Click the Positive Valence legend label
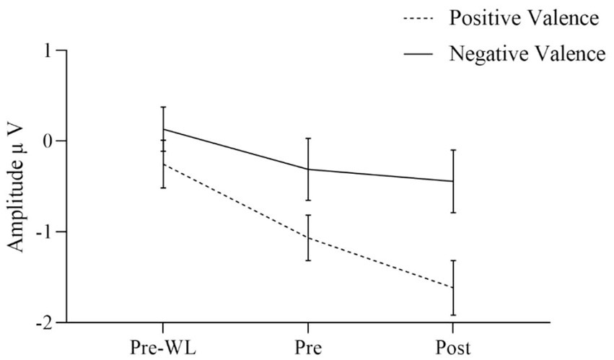[524, 19]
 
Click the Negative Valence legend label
[526, 53]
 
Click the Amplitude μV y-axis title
[17, 187]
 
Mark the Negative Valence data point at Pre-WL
[164, 129]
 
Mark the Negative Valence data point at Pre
[309, 169]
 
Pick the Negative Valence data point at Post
[453, 181]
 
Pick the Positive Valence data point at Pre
[309, 237]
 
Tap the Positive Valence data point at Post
[453, 287]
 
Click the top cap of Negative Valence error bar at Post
[453, 150]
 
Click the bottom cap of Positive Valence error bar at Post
[453, 315]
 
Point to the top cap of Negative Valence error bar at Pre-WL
[164, 107]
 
